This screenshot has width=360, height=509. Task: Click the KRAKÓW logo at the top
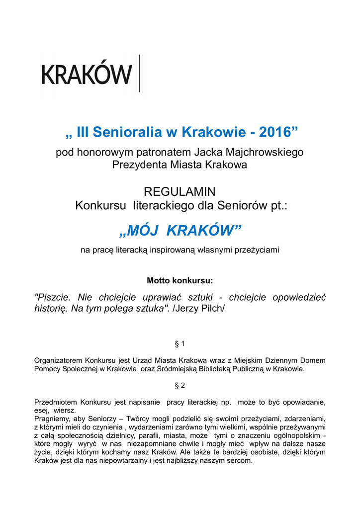click(87, 75)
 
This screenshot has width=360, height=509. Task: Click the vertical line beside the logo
click(140, 73)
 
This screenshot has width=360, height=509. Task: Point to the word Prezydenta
click(140, 165)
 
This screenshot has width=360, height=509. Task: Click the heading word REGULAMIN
click(180, 191)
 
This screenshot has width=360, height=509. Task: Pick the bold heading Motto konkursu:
click(180, 280)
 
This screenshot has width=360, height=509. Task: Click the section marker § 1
click(180, 343)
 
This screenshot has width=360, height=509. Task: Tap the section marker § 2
click(180, 385)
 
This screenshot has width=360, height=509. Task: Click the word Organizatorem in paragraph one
click(58, 360)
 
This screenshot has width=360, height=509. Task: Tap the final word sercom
click(241, 460)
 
